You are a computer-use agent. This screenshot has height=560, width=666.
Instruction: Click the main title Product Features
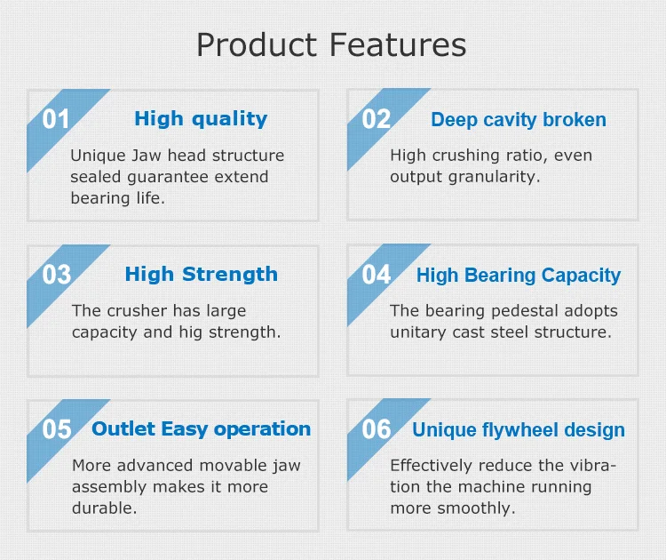click(331, 44)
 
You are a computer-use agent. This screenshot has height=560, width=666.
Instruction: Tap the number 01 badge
click(56, 119)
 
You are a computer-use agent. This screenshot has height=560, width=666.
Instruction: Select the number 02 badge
click(376, 119)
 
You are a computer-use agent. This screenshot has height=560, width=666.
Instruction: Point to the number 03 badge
click(57, 275)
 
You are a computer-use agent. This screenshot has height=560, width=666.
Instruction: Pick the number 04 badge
click(377, 275)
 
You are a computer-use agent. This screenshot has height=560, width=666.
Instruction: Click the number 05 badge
click(57, 429)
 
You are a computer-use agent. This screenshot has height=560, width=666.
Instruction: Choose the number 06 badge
click(377, 429)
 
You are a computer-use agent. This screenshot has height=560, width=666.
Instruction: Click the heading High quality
click(201, 119)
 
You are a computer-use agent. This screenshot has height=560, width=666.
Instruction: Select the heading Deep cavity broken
click(519, 120)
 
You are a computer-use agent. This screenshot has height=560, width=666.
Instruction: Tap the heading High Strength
click(202, 275)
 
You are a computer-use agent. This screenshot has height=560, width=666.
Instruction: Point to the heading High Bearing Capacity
click(519, 276)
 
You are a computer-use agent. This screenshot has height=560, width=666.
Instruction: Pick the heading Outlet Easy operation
click(202, 429)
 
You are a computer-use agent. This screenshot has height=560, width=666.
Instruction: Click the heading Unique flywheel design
click(519, 430)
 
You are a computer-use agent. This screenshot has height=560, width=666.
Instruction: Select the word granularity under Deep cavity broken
click(494, 177)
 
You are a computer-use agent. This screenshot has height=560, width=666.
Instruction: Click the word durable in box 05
click(105, 508)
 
